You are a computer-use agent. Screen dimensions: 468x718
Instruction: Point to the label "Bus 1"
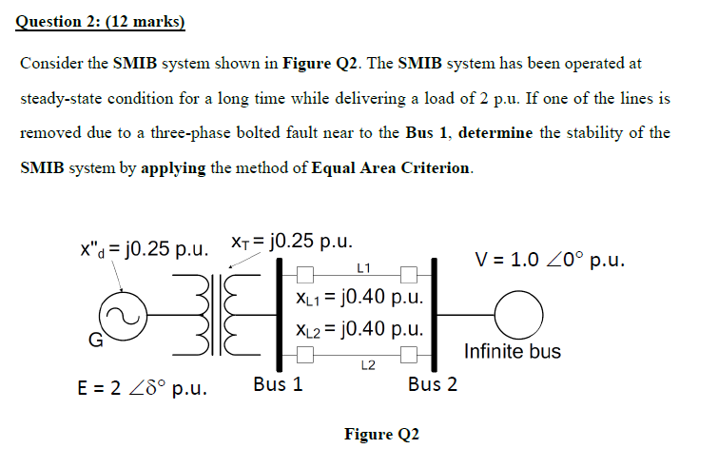pos(279,385)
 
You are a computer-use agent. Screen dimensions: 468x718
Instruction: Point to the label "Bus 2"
pos(432,385)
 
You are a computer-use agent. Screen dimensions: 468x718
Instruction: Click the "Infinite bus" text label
pos(512,352)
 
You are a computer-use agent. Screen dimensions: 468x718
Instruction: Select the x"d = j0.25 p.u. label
pos(144,248)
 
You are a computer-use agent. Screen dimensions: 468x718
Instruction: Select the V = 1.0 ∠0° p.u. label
pos(550,260)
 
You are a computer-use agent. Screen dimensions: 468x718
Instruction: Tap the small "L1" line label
pos(364,267)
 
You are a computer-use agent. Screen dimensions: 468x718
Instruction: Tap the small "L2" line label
pos(366,364)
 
